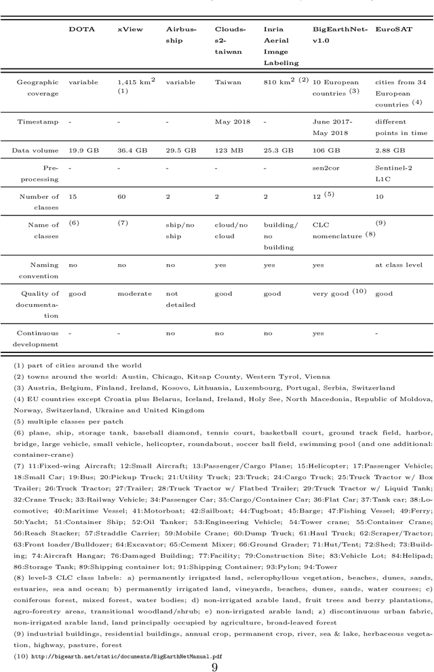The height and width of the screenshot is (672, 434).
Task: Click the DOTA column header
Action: (x=81, y=29)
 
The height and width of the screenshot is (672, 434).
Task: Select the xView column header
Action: (x=130, y=29)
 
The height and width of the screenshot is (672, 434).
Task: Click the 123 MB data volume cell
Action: (x=229, y=150)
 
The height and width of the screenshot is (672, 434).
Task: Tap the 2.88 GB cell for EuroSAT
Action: (x=390, y=150)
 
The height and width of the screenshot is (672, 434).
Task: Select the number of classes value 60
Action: (x=121, y=196)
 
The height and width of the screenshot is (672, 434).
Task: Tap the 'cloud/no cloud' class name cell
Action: (x=231, y=230)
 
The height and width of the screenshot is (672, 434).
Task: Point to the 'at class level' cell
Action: (x=398, y=265)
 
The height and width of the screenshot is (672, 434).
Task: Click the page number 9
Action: (x=214, y=667)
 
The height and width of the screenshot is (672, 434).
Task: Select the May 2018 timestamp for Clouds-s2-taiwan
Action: (x=232, y=122)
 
